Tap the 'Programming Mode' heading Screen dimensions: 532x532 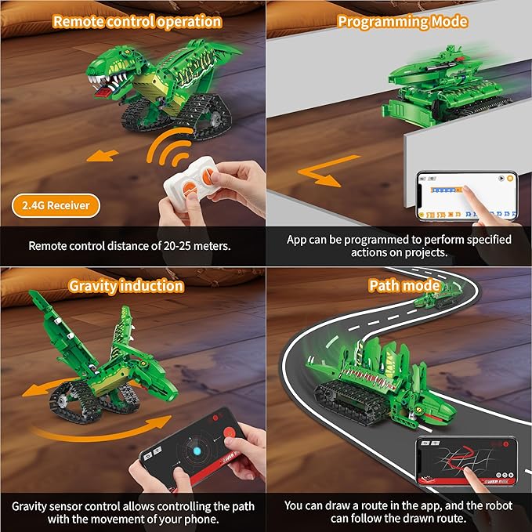coord(402,21)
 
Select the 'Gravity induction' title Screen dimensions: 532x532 coord(126,285)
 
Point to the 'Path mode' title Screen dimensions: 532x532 coord(404,285)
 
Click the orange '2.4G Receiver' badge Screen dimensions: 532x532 coord(56,206)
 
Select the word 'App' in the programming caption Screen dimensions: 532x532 coord(297,239)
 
